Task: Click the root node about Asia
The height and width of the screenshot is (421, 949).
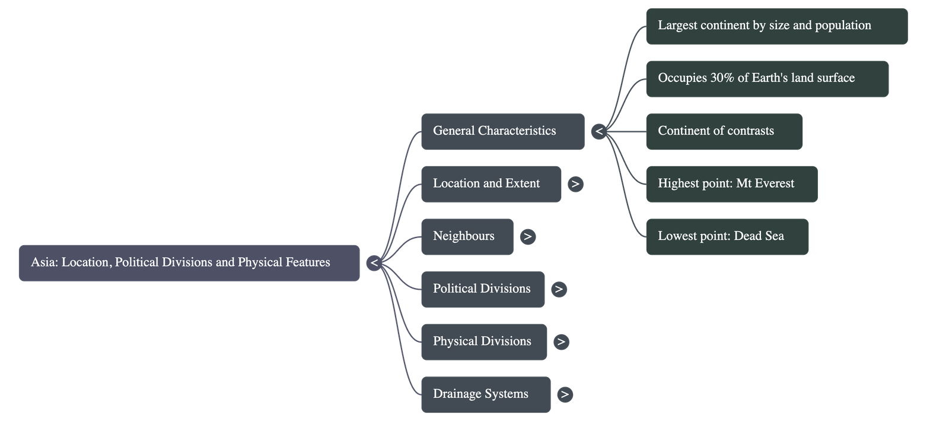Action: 189,262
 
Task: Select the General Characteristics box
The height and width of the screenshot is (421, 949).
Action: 502,131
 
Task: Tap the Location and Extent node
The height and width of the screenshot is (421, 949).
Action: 491,184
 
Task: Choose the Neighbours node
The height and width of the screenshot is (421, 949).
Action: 467,236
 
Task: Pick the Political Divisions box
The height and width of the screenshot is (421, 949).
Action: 482,289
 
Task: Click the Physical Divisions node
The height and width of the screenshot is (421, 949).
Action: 483,341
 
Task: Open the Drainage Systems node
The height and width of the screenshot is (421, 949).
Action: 485,394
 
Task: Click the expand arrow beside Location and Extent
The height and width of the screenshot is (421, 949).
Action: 575,184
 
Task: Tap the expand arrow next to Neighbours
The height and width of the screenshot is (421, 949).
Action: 527,236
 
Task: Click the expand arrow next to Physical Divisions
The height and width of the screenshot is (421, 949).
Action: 561,341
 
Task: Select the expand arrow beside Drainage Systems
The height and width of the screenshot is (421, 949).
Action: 565,394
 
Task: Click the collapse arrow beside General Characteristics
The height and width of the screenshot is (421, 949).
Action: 599,131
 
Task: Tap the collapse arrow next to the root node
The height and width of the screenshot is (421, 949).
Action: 374,262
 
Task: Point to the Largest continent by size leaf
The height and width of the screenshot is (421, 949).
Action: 776,26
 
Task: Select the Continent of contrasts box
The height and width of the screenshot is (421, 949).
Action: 724,131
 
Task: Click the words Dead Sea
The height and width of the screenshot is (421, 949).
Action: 759,236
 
